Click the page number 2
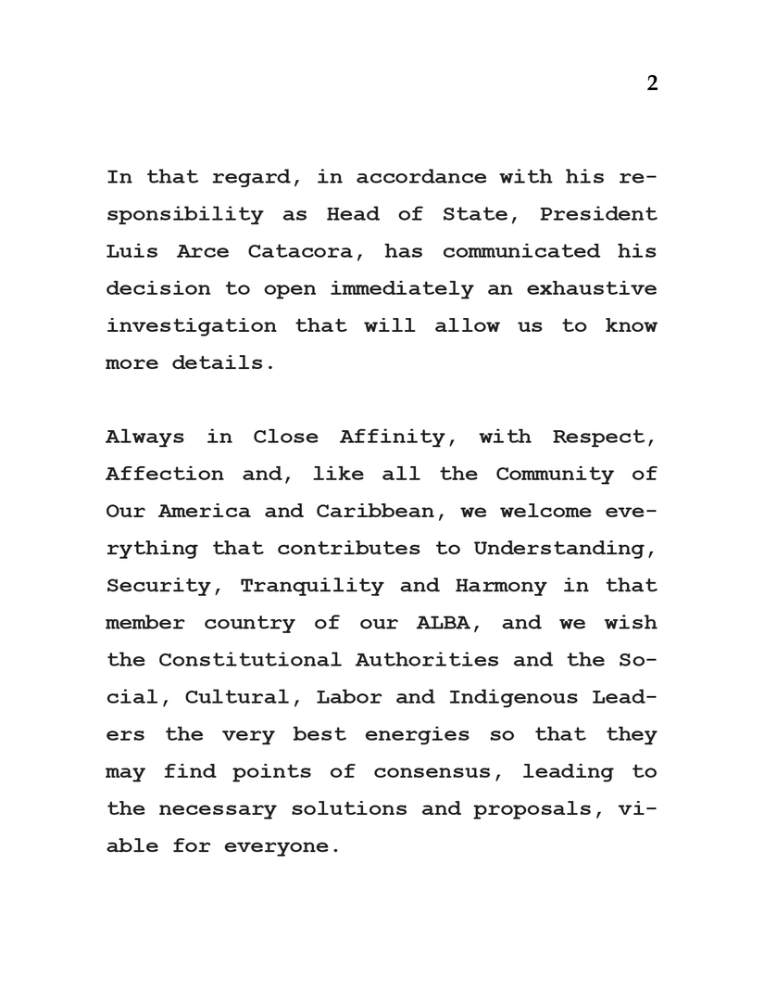pyautogui.click(x=652, y=83)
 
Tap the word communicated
pyautogui.click(x=520, y=251)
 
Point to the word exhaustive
pyautogui.click(x=592, y=288)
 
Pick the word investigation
pyautogui.click(x=191, y=325)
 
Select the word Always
pyautogui.click(x=145, y=437)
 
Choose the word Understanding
pyautogui.click(x=565, y=549)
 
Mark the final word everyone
pyautogui.click(x=276, y=846)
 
